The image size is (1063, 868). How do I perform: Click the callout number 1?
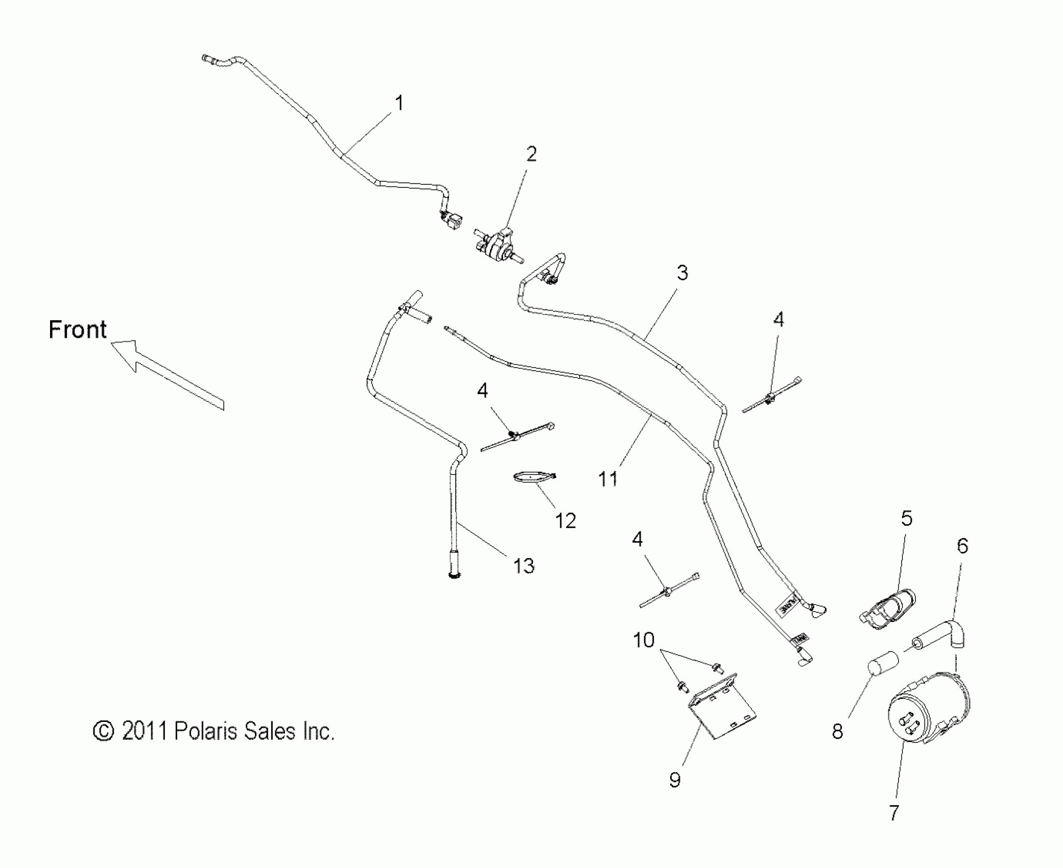pyautogui.click(x=399, y=103)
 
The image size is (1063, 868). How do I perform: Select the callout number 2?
pyautogui.click(x=531, y=154)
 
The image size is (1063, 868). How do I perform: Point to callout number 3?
pyautogui.click(x=682, y=273)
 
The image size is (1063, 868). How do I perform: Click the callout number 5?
pyautogui.click(x=906, y=519)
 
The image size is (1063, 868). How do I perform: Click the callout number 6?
pyautogui.click(x=962, y=546)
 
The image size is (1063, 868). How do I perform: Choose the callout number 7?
pyautogui.click(x=893, y=812)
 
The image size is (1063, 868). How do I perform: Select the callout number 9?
pyautogui.click(x=675, y=780)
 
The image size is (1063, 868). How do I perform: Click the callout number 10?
pyautogui.click(x=644, y=640)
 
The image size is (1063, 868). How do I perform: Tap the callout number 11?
pyautogui.click(x=607, y=479)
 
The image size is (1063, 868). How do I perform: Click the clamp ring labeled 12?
pyautogui.click(x=534, y=477)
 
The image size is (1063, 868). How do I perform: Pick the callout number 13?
pyautogui.click(x=524, y=566)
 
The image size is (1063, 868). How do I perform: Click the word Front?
pyautogui.click(x=78, y=330)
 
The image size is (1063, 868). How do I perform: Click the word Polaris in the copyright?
pyautogui.click(x=206, y=732)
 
